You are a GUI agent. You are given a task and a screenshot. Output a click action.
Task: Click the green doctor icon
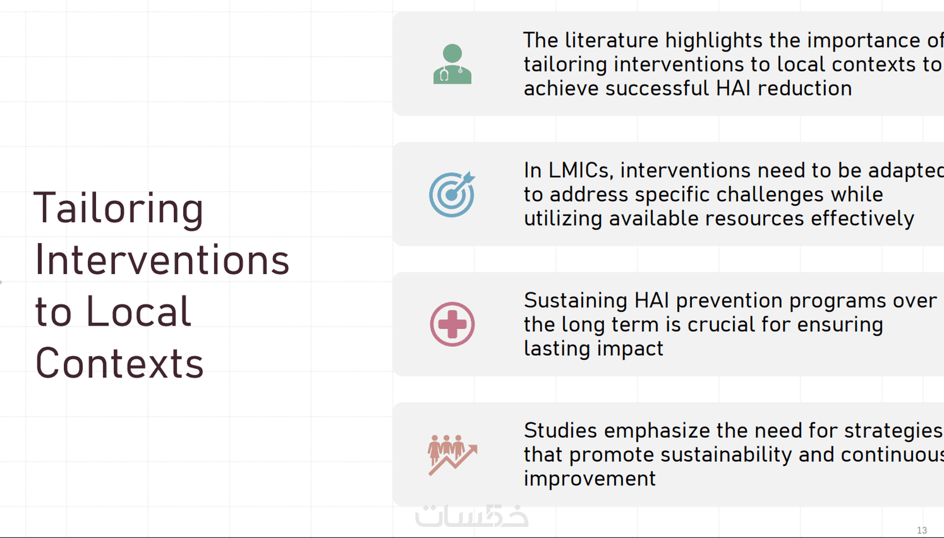(x=452, y=64)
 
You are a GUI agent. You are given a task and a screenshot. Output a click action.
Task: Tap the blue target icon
(x=452, y=194)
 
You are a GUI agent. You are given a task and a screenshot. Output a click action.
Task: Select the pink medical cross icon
(x=452, y=324)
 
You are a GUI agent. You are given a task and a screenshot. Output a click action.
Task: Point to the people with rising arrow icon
(x=453, y=455)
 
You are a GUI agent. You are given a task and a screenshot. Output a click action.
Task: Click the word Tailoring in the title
(x=118, y=209)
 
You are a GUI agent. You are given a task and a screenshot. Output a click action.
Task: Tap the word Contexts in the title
(x=119, y=363)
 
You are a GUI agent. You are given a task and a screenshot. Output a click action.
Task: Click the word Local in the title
(x=139, y=311)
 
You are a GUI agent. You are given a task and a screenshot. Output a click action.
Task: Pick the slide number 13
(x=922, y=530)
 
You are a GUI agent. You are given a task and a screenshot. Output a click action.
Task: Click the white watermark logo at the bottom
(x=471, y=516)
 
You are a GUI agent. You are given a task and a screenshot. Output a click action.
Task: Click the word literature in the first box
(x=611, y=40)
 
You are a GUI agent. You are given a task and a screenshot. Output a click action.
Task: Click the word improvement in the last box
(x=590, y=479)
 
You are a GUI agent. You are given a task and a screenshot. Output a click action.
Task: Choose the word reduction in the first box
(x=805, y=88)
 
